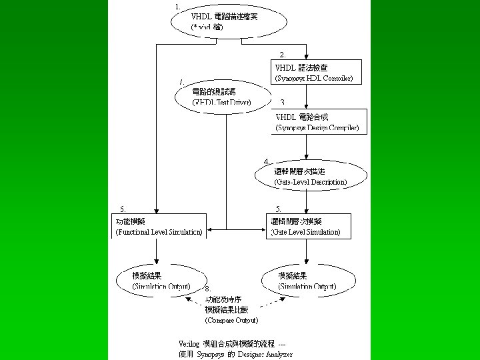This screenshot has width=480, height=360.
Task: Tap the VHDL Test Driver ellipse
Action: point(223,97)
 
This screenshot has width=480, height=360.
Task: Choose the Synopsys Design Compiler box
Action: point(319,121)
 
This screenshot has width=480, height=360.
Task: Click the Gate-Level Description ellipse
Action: point(311,176)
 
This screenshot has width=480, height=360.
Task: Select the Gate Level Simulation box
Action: point(307,226)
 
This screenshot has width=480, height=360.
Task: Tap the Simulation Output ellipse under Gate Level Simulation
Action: point(307,280)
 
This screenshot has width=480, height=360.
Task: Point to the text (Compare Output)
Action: point(231,321)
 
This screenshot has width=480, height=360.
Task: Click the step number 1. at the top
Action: point(177,6)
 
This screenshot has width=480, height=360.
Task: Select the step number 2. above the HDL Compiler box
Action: point(283,54)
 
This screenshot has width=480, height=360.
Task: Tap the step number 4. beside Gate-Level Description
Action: point(267,161)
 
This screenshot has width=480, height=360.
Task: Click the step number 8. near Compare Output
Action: point(208,288)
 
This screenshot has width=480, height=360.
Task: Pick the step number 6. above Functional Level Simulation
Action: point(122,209)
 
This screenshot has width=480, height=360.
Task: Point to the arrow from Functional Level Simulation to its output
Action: point(156,252)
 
